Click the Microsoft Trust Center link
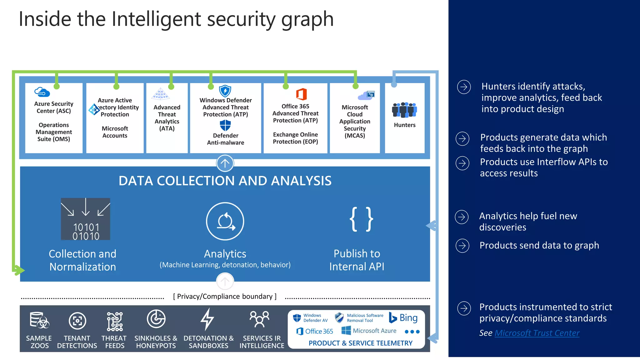pos(537,333)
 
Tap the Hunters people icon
pos(404,110)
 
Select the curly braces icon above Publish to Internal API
pos(361,219)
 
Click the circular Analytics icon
pos(225,221)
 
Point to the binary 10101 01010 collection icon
pos(86,219)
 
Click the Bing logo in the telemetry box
pos(403,318)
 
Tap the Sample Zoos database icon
pos(39,320)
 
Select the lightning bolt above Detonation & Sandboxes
pos(207,319)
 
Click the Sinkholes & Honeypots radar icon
pos(156,319)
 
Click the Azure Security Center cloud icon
pos(42,92)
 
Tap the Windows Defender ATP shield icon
pos(225,91)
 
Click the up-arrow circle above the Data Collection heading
pos(225,163)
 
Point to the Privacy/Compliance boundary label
pos(225,296)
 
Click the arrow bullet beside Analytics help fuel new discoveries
pos(462,217)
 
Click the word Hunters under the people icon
pos(404,125)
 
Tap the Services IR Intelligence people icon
pos(259,319)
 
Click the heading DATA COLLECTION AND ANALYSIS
pos(225,181)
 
